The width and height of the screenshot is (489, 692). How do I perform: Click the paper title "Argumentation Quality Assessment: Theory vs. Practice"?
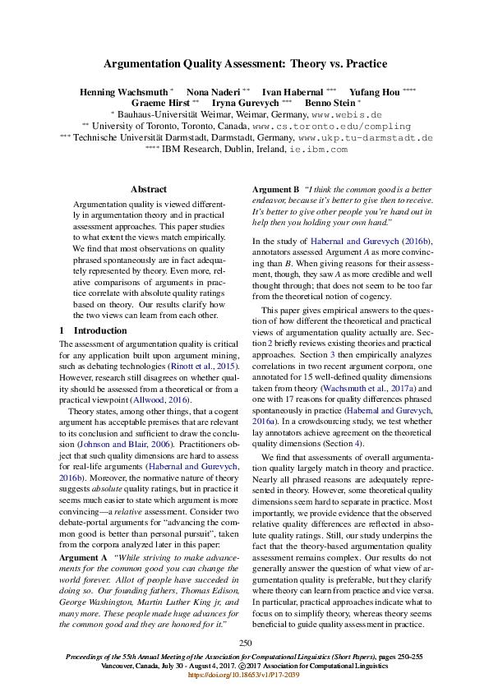[x=245, y=63]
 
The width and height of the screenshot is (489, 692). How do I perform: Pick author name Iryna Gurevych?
[x=247, y=104]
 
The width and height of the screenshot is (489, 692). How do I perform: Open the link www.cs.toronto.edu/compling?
[x=331, y=127]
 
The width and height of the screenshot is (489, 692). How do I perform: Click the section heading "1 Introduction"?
[x=82, y=330]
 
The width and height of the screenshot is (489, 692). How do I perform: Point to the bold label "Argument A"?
[x=83, y=558]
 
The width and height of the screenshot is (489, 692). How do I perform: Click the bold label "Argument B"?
[x=275, y=189]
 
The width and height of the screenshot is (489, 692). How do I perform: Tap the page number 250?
[x=245, y=643]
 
